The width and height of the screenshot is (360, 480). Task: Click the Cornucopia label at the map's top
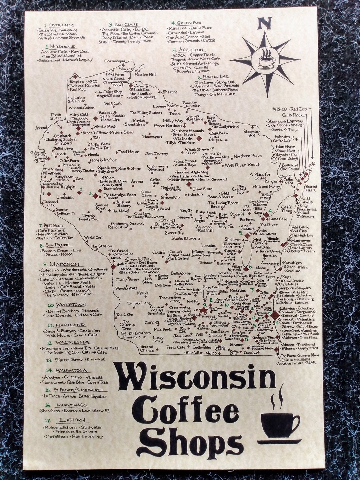tap(115, 61)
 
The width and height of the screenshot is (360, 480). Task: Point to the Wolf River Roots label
tap(242, 165)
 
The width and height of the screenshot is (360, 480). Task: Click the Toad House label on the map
tap(129, 152)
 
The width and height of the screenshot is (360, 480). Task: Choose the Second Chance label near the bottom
tap(147, 348)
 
